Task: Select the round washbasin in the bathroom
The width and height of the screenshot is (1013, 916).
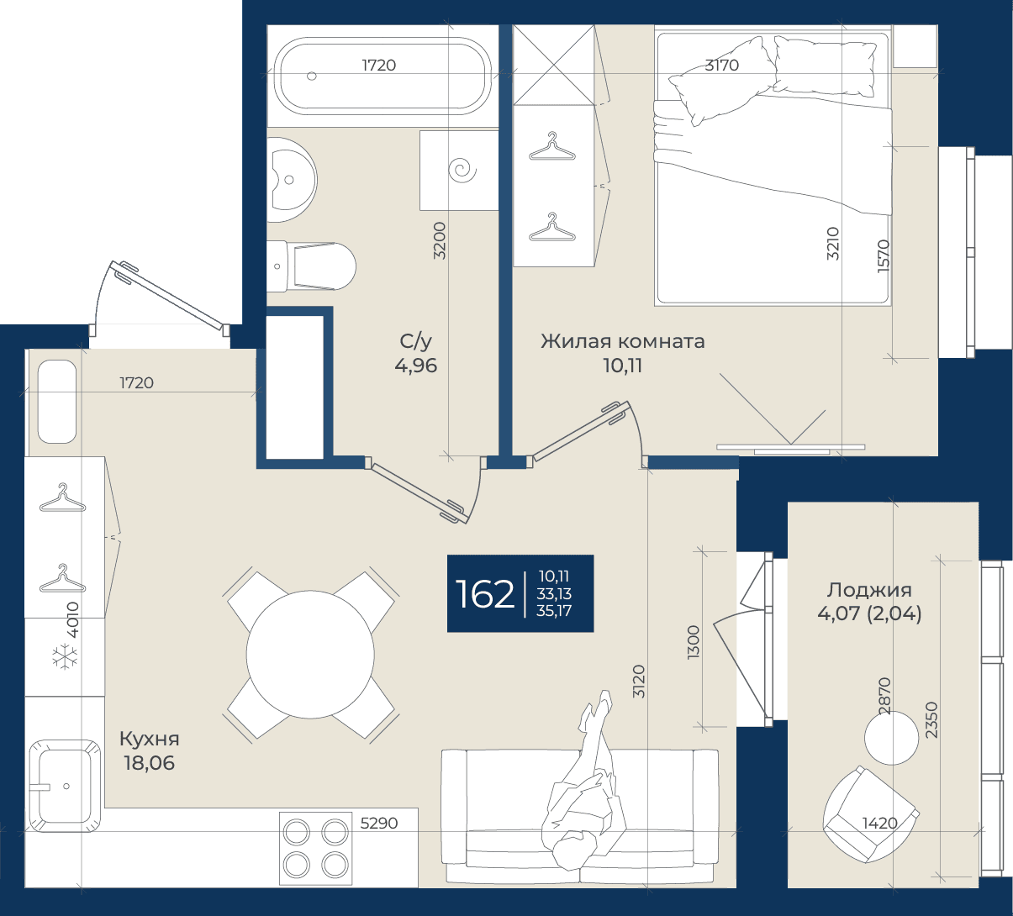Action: [x=292, y=179]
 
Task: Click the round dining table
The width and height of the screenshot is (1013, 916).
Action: [x=310, y=655]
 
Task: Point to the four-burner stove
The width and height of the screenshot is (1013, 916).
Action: [x=316, y=848]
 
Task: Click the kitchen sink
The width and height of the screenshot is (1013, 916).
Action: [x=65, y=787]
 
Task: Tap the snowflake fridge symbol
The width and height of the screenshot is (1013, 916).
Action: [x=65, y=657]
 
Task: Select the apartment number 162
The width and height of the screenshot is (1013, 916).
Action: [x=484, y=594]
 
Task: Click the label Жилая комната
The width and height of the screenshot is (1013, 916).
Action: [x=623, y=341]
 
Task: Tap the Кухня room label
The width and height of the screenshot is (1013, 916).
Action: [x=150, y=739]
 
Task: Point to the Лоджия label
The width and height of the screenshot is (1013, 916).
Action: [x=869, y=590]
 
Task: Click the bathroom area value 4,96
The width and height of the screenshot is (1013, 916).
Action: [x=415, y=366]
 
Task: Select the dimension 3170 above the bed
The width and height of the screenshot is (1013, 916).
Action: [x=721, y=66]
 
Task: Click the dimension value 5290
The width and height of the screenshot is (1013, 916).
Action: [x=379, y=824]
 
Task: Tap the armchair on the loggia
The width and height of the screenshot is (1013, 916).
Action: [x=871, y=814]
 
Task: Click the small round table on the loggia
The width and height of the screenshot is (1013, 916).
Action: [x=891, y=738]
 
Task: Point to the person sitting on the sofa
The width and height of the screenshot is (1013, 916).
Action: [x=583, y=777]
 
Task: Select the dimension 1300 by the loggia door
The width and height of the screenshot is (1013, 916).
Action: [x=694, y=642]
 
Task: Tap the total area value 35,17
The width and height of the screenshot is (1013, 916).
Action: [x=554, y=611]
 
